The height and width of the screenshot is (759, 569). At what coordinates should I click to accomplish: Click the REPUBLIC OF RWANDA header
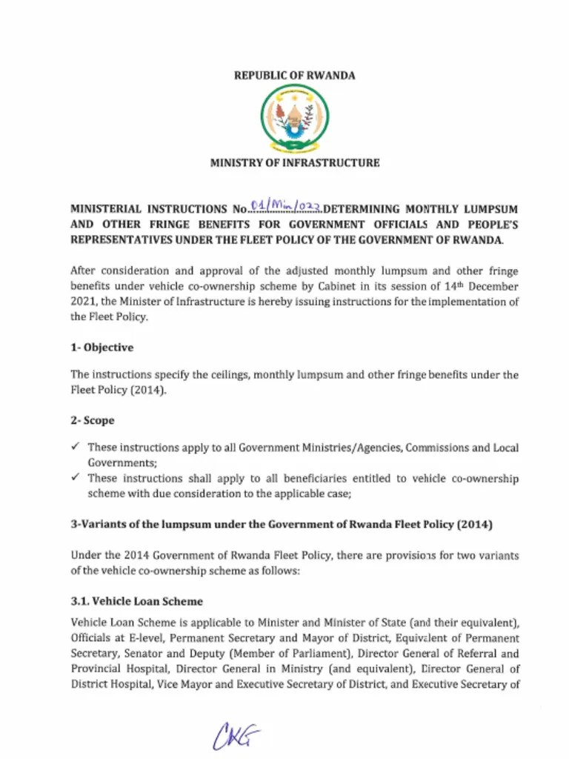click(294, 76)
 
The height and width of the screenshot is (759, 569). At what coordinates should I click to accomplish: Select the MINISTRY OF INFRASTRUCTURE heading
click(294, 162)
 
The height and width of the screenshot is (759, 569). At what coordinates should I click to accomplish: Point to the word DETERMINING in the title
click(362, 209)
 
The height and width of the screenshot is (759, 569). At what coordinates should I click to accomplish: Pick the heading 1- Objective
click(102, 347)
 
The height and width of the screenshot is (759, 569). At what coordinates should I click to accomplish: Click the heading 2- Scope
click(93, 420)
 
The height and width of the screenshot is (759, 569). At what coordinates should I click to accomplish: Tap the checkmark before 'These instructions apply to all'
click(76, 448)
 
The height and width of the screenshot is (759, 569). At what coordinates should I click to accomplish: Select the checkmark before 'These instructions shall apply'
click(76, 479)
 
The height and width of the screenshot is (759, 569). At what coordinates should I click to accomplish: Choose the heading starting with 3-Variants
click(281, 525)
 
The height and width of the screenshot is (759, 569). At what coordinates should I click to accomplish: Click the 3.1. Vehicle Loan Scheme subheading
click(136, 600)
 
